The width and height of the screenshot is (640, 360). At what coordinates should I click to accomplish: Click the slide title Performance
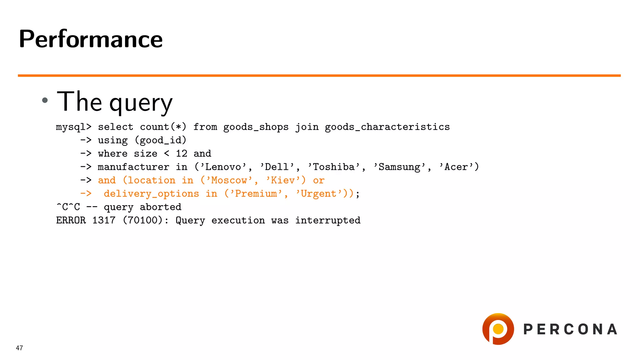(x=91, y=39)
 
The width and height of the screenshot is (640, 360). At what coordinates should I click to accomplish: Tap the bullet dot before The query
(x=45, y=100)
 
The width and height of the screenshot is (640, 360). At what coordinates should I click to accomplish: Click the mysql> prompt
(x=73, y=127)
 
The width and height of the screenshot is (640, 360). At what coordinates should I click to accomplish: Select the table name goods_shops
(x=256, y=127)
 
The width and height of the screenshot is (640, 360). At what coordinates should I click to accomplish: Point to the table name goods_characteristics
(x=387, y=127)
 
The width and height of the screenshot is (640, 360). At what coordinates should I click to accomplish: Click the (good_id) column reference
(x=160, y=140)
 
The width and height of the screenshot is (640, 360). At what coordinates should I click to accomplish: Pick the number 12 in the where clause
(x=181, y=153)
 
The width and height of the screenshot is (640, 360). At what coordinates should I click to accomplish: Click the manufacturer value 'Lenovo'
(x=223, y=167)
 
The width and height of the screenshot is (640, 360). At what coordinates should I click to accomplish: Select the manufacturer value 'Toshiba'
(x=334, y=167)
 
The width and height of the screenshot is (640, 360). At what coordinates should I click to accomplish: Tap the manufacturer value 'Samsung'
(x=399, y=167)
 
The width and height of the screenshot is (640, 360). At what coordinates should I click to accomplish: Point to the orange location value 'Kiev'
(x=283, y=180)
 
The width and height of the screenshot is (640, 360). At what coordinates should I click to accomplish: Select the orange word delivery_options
(x=151, y=194)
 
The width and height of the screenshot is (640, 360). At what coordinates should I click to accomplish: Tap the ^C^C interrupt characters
(x=68, y=207)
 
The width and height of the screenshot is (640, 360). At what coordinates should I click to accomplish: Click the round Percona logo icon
(x=498, y=329)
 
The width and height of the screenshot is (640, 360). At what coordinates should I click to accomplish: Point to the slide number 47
(x=19, y=348)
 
